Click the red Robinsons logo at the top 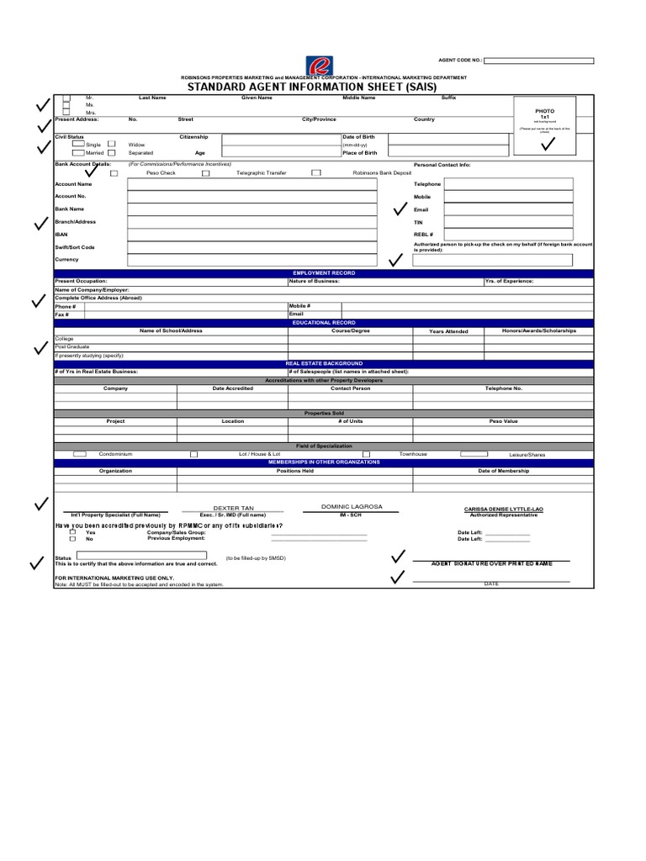[x=320, y=66]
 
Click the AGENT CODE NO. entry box [x=538, y=61]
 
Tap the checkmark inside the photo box [x=548, y=145]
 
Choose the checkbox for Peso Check [x=114, y=173]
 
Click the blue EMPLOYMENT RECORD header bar [x=324, y=273]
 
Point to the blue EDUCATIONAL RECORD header [x=324, y=323]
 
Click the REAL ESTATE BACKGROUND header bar [x=324, y=363]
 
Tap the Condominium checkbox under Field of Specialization [x=80, y=454]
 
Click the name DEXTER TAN [x=233, y=509]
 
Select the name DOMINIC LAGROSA [x=352, y=507]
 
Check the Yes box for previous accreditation [x=73, y=532]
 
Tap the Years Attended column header [x=448, y=331]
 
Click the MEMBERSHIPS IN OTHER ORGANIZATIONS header [x=324, y=462]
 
